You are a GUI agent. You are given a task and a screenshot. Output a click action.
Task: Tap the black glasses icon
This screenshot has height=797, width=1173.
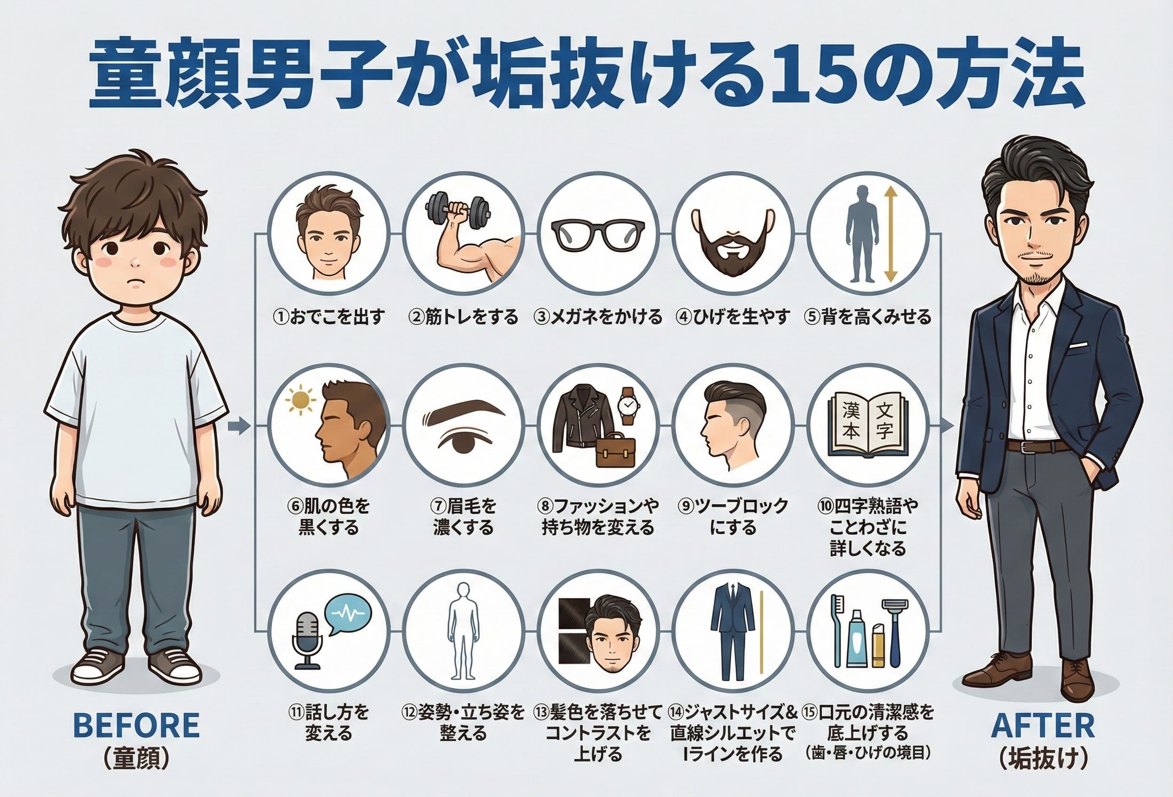pyautogui.click(x=598, y=234)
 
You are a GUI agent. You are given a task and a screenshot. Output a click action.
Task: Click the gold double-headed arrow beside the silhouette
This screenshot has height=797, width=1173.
pyautogui.click(x=890, y=234)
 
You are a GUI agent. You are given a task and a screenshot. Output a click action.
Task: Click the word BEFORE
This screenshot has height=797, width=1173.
pyautogui.click(x=136, y=727)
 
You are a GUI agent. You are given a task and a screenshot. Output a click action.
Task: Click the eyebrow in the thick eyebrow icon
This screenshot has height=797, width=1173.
pyautogui.click(x=463, y=408)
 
